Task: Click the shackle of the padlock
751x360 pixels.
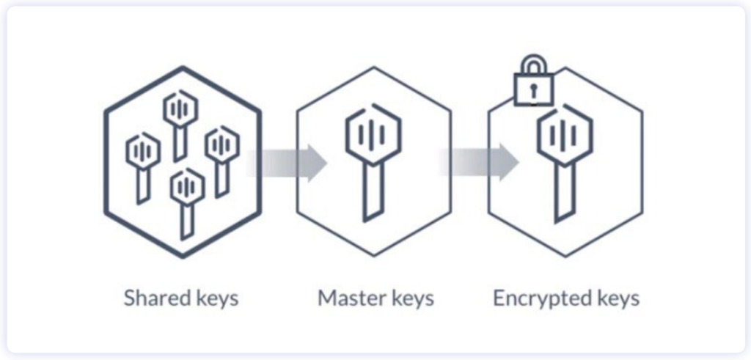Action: coord(532,62)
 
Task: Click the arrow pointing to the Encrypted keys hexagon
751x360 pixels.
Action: coord(480,162)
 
